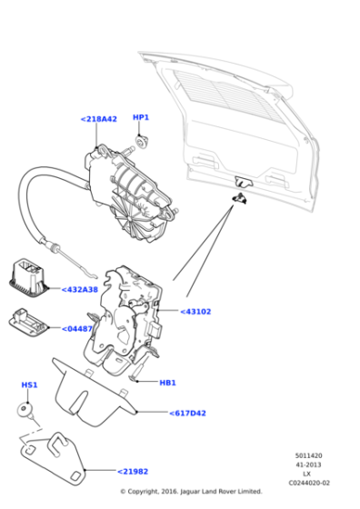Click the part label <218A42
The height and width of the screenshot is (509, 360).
[x=98, y=119]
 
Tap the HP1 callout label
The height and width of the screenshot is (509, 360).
[x=141, y=117]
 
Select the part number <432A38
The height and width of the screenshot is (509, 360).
[x=79, y=290]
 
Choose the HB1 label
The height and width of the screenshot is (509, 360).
[x=167, y=383]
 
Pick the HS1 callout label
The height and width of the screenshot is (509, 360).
[x=29, y=385]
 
